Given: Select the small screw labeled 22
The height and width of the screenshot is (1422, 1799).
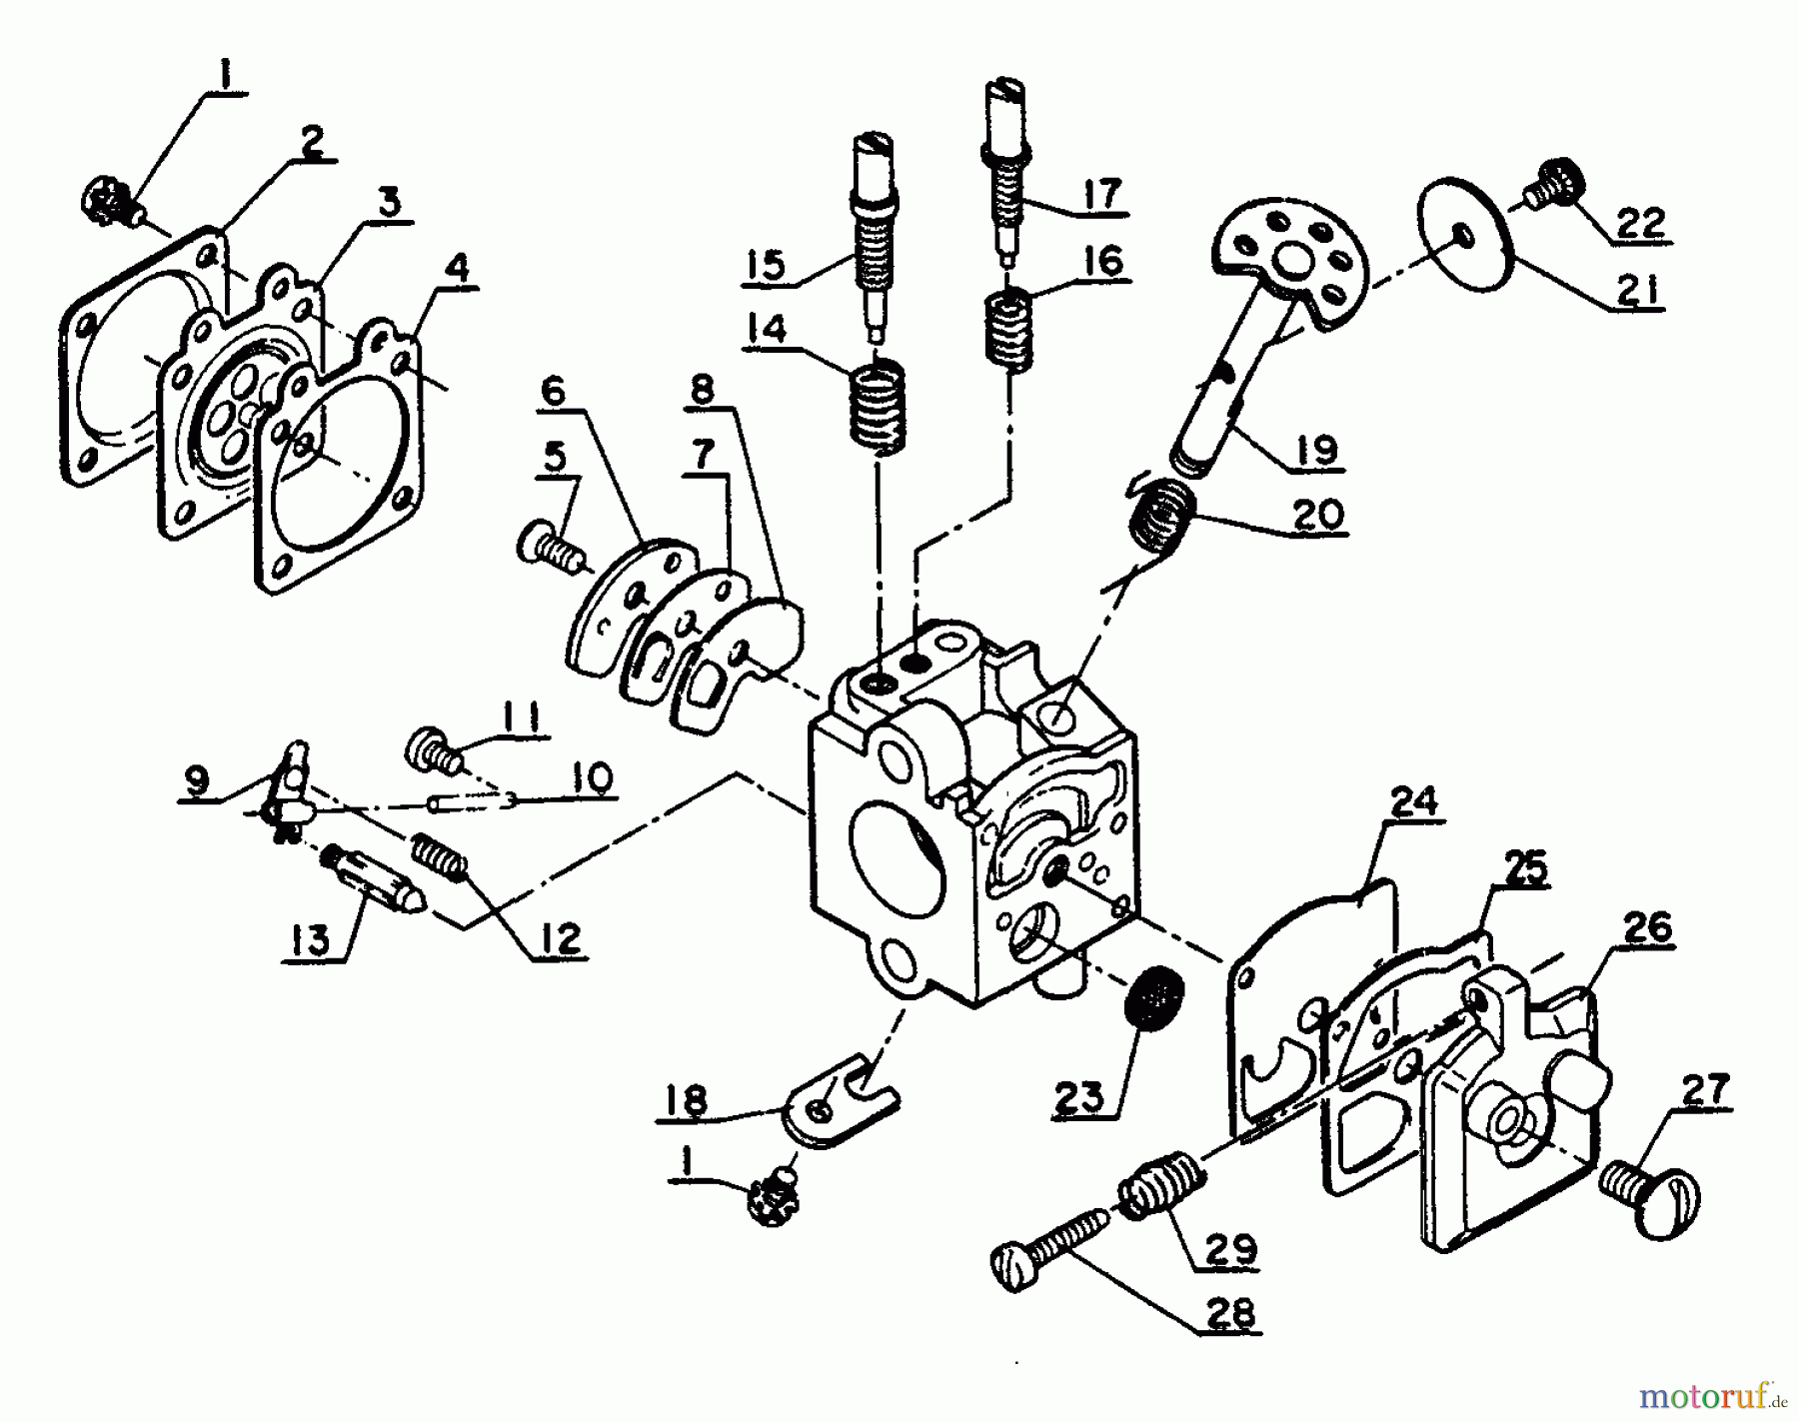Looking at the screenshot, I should (1553, 185).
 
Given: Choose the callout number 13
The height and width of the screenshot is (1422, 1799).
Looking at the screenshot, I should (313, 939).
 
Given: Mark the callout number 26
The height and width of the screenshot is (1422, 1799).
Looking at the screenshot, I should (1648, 927).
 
